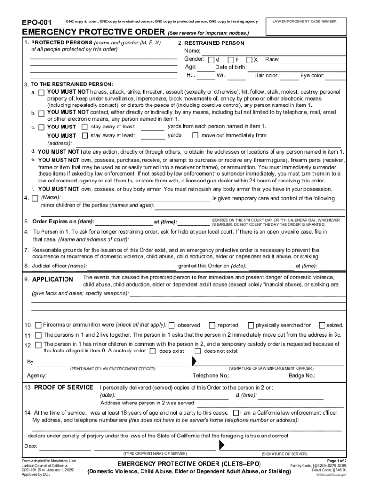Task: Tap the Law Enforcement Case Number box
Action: tap(305, 28)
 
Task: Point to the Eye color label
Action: tap(312, 75)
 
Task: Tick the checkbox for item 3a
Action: tap(42, 92)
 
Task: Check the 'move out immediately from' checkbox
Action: tap(195, 135)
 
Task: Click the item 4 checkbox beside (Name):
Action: tap(35, 198)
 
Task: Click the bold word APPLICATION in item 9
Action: tap(52, 279)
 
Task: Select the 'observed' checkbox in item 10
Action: tap(172, 325)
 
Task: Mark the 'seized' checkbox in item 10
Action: tap(322, 325)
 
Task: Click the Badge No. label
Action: tap(302, 376)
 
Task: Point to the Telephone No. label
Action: tap(211, 376)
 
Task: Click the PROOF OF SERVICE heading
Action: tap(64, 387)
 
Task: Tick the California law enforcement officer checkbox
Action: tap(236, 413)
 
